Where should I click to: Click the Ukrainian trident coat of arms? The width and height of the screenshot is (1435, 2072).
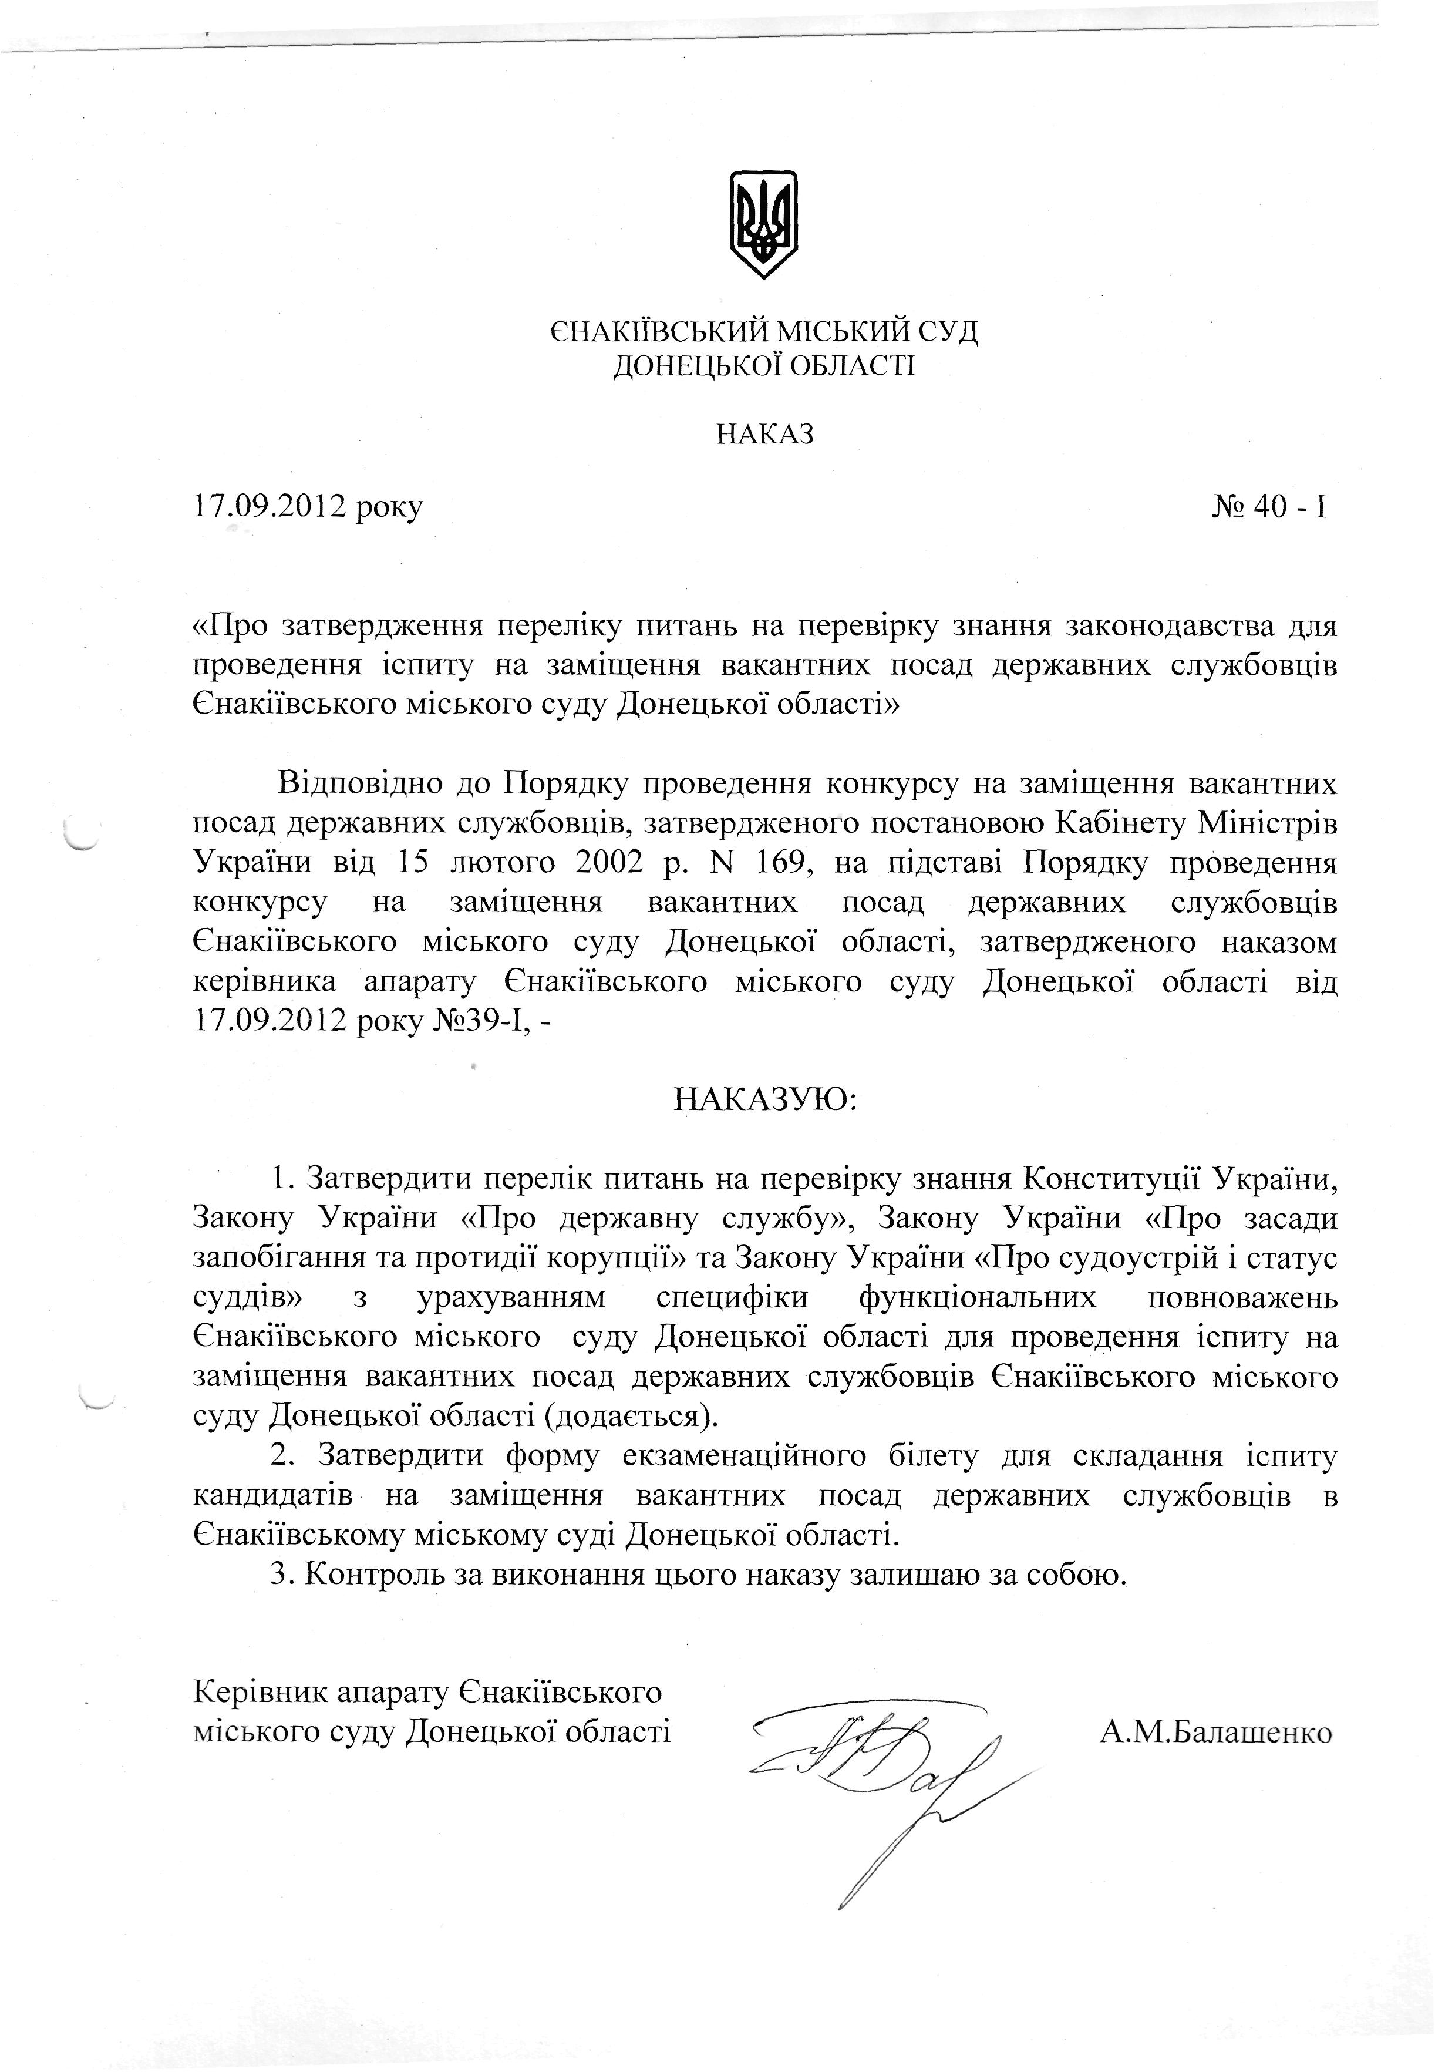(763, 224)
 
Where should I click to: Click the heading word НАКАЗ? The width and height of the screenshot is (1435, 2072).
(764, 435)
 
